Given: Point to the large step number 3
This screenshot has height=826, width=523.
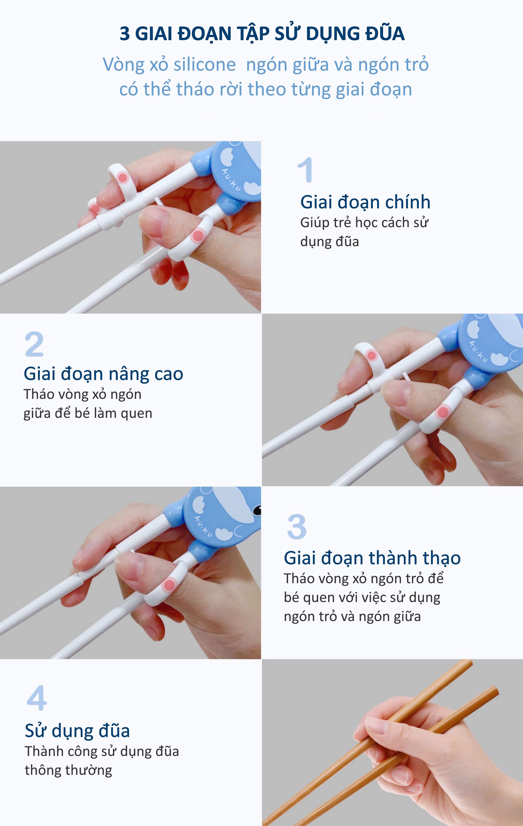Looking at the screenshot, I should (x=297, y=527).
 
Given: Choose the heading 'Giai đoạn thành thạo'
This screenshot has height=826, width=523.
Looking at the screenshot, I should (x=372, y=558).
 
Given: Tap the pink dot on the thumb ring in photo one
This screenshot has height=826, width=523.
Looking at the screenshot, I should (x=198, y=236).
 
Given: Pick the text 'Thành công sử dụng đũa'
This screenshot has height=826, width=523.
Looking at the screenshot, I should (x=102, y=751).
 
